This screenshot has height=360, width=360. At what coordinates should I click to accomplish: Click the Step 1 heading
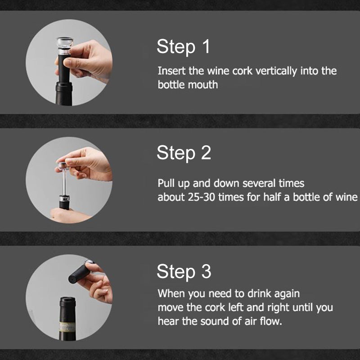pyautogui.click(x=183, y=47)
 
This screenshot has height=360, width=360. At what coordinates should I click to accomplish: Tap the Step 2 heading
pyautogui.click(x=184, y=153)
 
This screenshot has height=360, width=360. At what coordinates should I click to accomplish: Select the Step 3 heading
pyautogui.click(x=184, y=272)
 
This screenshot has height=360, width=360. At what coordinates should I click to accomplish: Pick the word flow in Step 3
pyautogui.click(x=270, y=321)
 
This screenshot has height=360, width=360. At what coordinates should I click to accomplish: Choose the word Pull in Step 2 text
pyautogui.click(x=165, y=184)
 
